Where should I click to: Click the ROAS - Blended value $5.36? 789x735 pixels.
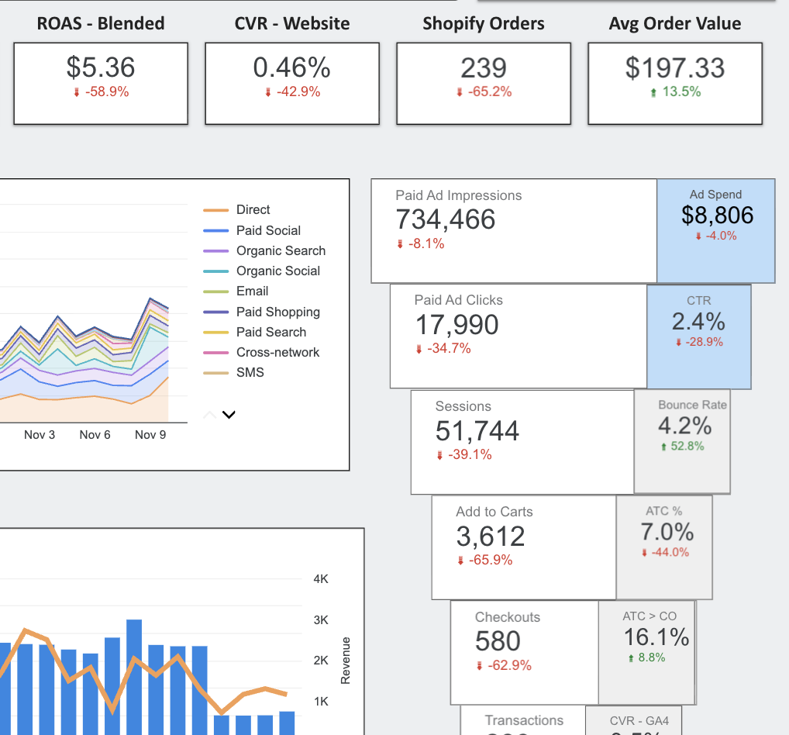click(x=101, y=67)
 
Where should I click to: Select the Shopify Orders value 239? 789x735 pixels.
click(x=484, y=67)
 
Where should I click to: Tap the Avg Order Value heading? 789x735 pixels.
click(x=674, y=23)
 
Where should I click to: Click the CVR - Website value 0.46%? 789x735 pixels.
click(x=292, y=67)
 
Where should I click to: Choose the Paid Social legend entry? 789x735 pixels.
click(x=268, y=230)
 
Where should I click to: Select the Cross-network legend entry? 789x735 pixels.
click(x=277, y=352)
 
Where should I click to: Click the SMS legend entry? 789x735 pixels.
click(x=250, y=372)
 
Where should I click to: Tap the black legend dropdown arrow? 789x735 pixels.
click(x=228, y=415)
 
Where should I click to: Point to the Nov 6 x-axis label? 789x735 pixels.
click(x=95, y=435)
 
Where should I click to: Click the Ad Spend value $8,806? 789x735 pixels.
click(x=717, y=215)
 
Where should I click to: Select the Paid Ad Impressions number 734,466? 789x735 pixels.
click(x=446, y=219)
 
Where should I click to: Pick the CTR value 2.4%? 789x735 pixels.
click(x=698, y=321)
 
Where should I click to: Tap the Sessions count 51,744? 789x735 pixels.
click(x=477, y=430)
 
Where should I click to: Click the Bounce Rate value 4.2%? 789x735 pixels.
click(x=684, y=425)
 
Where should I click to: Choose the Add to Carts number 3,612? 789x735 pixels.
click(x=491, y=536)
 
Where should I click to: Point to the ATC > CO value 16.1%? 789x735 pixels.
click(x=656, y=637)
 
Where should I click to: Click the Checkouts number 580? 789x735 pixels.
click(x=498, y=641)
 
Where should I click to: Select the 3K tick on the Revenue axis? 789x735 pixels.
click(x=321, y=619)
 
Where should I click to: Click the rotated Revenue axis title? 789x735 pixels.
click(x=346, y=661)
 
